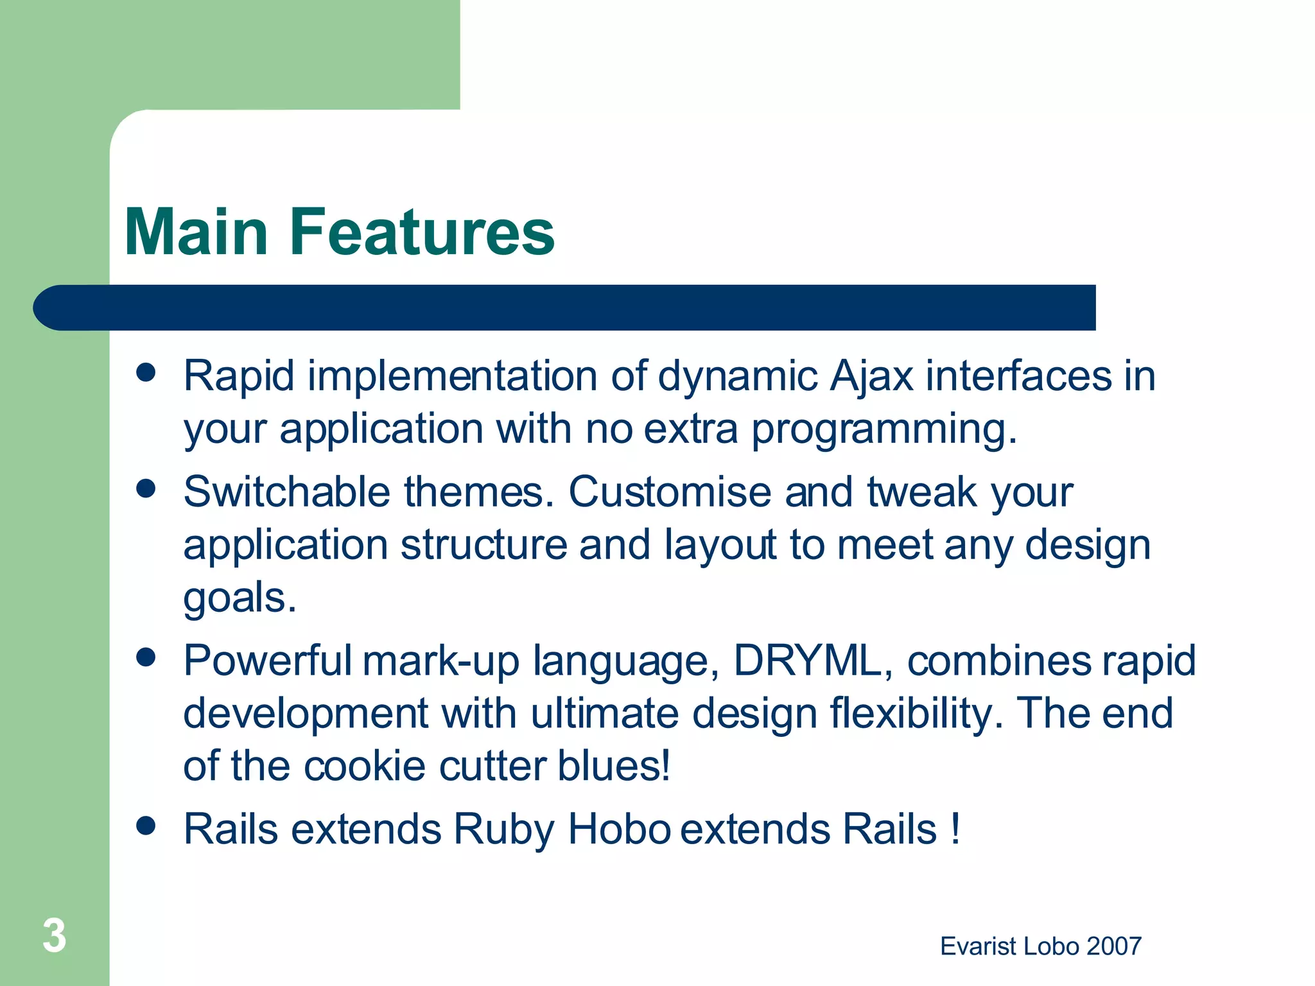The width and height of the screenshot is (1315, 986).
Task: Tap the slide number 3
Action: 54,935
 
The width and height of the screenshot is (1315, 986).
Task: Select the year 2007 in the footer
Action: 1114,946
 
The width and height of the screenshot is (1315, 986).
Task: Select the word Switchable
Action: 286,492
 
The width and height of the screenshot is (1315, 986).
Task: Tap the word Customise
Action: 670,492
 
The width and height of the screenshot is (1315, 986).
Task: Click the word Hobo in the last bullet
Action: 619,829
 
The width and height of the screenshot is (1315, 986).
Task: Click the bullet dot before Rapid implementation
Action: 146,372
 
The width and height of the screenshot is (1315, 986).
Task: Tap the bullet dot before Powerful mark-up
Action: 146,657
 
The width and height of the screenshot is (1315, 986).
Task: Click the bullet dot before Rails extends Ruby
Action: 146,826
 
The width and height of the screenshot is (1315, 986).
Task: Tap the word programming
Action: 884,430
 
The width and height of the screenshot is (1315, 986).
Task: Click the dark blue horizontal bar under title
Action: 565,307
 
